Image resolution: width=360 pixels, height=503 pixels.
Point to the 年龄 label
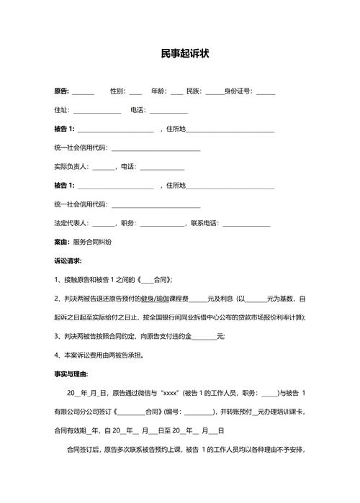pyautogui.click(x=158, y=91)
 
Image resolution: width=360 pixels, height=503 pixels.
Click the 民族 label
pyautogui.click(x=194, y=91)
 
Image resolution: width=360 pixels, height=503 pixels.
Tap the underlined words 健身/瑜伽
pyautogui.click(x=154, y=298)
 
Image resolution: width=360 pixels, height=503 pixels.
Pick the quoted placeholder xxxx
pyautogui.click(x=171, y=393)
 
